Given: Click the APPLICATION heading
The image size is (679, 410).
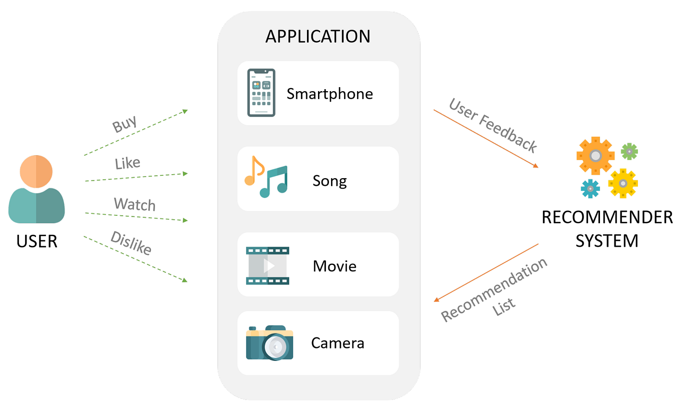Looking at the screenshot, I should pos(318,37).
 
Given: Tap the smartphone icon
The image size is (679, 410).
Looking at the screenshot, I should pos(261,93).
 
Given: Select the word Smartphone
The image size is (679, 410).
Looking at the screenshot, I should pos(329,94).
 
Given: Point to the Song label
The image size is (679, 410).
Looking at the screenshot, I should pos(329,180).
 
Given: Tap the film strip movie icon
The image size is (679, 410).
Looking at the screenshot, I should pos(267,265).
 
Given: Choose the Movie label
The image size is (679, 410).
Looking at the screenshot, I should pos(334,265).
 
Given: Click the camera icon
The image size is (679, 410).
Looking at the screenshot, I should pos(269,342).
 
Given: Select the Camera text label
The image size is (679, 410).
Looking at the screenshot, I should pos(337,343).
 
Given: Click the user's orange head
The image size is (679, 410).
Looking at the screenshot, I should pos(36,171).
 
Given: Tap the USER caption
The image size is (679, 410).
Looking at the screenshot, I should pos(37,241).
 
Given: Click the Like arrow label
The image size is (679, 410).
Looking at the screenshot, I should pos(127,163).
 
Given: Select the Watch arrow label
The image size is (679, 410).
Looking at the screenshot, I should pos(134,204).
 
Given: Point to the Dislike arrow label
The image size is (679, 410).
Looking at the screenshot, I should pos(131,243).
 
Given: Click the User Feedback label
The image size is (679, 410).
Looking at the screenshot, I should pos(493,125).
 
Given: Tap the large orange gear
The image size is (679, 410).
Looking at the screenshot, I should pos(595,156).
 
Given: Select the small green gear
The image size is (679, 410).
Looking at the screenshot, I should pos(629,151).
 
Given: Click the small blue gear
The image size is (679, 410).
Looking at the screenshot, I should pos(590,189).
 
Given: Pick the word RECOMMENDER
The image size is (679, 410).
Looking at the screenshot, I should pos(607,218).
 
